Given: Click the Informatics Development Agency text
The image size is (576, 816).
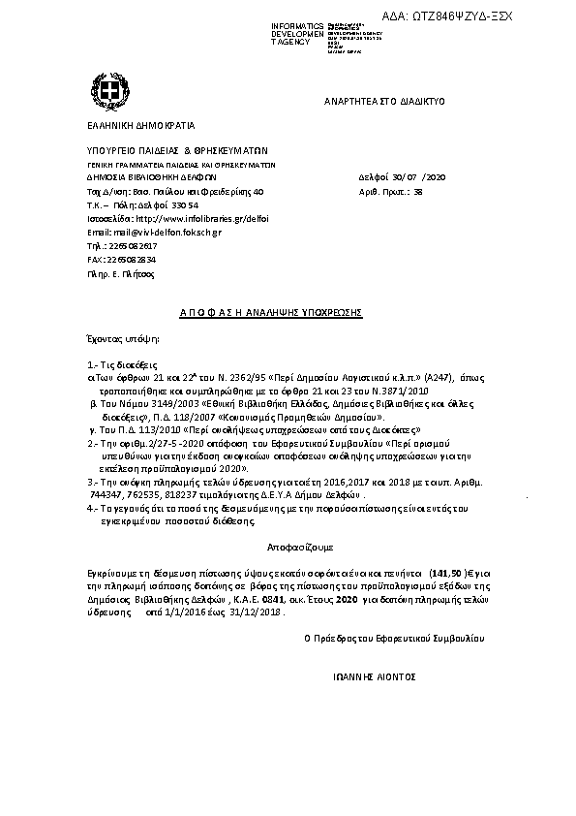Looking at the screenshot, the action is tap(300, 32).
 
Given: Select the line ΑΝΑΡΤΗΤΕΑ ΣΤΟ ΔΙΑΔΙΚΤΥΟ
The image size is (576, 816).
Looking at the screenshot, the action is tap(383, 101).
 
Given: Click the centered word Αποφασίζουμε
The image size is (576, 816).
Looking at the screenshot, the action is tap(288, 547).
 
